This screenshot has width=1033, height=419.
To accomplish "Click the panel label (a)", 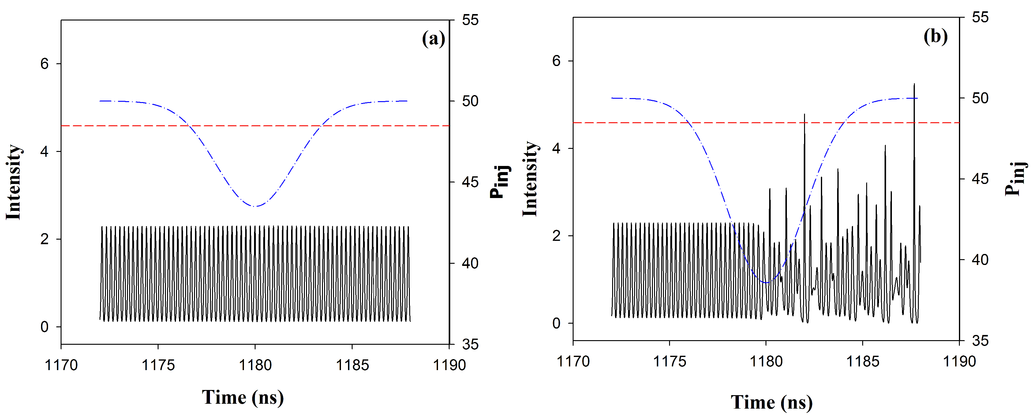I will pyautogui.click(x=433, y=39).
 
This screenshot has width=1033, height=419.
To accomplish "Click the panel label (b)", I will pyautogui.click(x=936, y=36).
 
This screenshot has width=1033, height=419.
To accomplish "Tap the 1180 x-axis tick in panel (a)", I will pyautogui.click(x=255, y=365).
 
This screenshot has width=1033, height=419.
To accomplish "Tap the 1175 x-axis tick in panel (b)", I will pyautogui.click(x=669, y=361).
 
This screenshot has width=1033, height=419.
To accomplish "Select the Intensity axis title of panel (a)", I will pyautogui.click(x=13, y=182).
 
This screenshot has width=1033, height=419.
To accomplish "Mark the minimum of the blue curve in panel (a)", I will pyautogui.click(x=255, y=206).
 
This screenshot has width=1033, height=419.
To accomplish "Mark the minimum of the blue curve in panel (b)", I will pyautogui.click(x=766, y=282).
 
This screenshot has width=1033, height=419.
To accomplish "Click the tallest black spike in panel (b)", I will pyautogui.click(x=914, y=85).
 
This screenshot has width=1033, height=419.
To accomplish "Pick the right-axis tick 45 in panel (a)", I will pyautogui.click(x=470, y=182).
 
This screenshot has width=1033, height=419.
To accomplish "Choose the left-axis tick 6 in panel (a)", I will pyautogui.click(x=44, y=64).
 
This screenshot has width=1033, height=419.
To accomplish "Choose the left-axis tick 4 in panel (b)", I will pyautogui.click(x=556, y=149).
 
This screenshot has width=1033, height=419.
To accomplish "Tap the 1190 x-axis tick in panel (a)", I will pyautogui.click(x=449, y=365).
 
